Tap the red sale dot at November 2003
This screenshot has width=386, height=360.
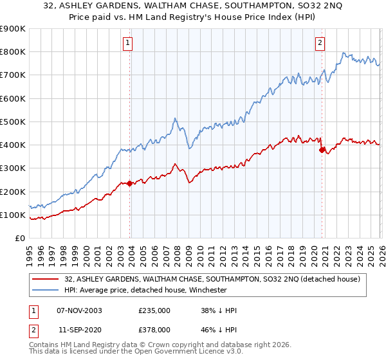point(129,183)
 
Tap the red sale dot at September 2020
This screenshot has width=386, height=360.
point(322,150)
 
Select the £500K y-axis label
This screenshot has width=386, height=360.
point(13,122)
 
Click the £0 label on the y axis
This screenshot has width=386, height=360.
point(19,238)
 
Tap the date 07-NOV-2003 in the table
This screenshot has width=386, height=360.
point(79,310)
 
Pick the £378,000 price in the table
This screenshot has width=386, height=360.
point(154,329)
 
